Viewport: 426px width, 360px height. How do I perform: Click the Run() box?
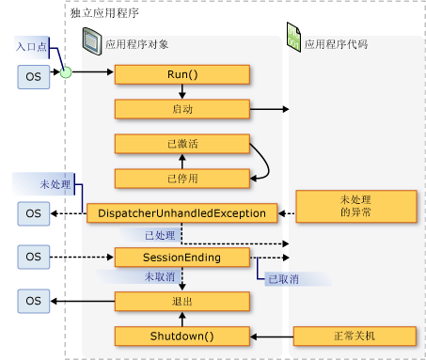point(182,74)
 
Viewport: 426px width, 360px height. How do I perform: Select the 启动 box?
point(182,108)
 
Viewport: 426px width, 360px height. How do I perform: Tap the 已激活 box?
point(182,144)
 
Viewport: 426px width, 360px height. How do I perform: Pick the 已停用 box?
point(182,178)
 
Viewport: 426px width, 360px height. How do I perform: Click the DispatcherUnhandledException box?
point(182,213)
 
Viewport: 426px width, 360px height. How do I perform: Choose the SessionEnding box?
point(182,257)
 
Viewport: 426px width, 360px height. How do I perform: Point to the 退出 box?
point(182,301)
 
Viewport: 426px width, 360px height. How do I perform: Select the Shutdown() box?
point(182,336)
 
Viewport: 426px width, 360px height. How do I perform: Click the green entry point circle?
point(67,72)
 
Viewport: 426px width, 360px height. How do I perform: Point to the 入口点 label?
point(31,46)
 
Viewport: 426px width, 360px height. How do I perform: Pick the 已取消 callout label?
point(282,279)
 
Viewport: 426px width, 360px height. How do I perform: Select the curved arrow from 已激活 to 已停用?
point(267,161)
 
